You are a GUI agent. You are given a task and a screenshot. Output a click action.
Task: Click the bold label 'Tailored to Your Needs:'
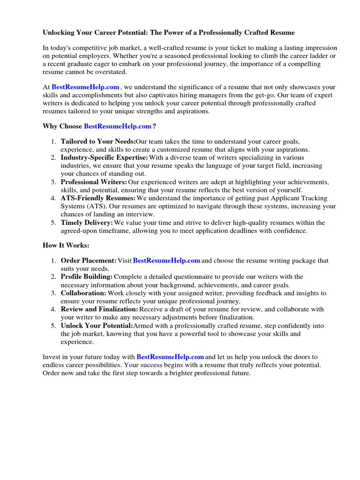point(98,141)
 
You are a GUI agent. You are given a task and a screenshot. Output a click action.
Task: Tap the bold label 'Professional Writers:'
point(94,182)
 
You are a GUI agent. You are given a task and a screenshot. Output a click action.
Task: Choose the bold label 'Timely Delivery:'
point(87,223)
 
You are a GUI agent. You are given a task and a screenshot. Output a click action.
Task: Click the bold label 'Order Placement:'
point(89,261)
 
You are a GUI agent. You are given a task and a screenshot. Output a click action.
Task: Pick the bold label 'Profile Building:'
point(87,277)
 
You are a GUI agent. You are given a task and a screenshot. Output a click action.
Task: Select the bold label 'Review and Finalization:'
point(99,309)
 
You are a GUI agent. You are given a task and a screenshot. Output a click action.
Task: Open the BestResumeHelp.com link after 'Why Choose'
point(118,126)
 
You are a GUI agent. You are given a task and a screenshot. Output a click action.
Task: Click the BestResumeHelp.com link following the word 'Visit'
point(167,261)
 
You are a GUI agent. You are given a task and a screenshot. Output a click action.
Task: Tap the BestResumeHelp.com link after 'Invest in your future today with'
point(170,357)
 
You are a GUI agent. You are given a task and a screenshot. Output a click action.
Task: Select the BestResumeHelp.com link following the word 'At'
point(85,87)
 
